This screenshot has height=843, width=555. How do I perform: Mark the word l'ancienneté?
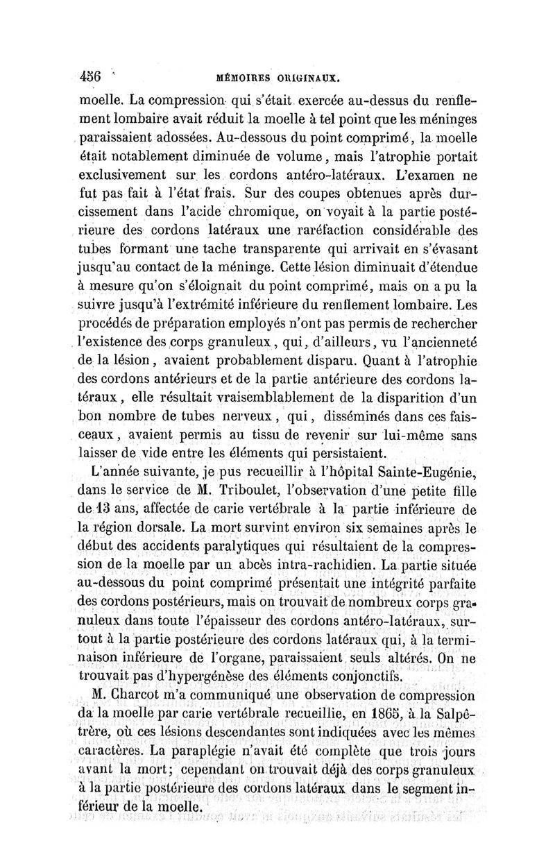pyautogui.click(x=438, y=341)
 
